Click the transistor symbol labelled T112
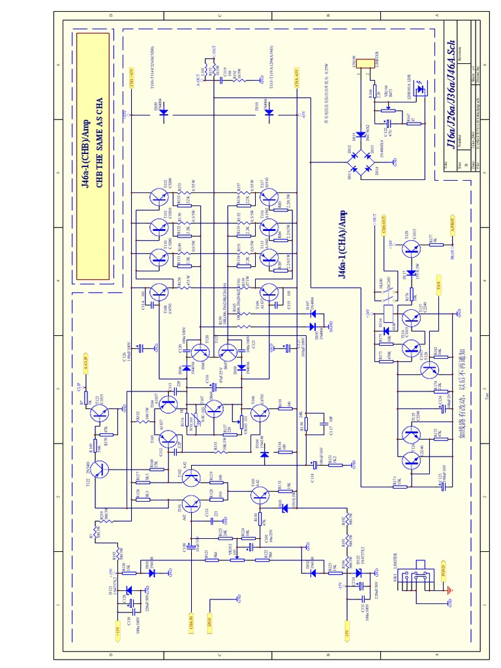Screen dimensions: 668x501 159,197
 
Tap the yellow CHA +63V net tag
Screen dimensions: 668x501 130,78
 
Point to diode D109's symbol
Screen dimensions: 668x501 162,112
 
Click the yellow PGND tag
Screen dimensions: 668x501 444,571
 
